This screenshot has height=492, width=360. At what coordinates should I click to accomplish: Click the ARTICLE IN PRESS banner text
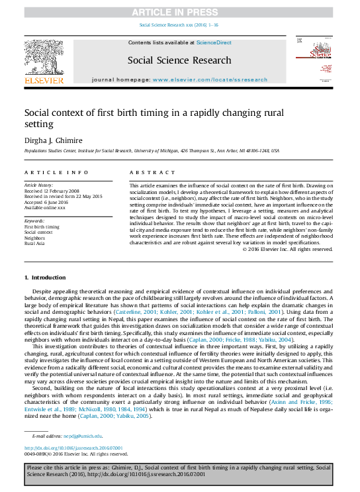tap(179, 12)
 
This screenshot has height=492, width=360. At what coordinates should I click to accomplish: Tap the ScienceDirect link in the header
tap(214, 42)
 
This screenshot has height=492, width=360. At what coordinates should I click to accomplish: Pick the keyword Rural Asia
tap(36, 243)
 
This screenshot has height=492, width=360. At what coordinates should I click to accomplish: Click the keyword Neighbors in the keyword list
tap(36, 238)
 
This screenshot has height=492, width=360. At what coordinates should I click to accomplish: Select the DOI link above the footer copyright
tap(73, 448)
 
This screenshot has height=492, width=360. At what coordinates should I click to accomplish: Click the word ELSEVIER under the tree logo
tap(44, 80)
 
